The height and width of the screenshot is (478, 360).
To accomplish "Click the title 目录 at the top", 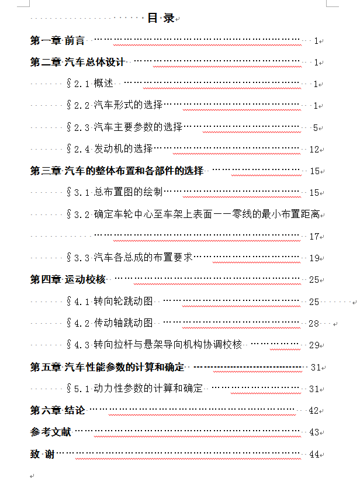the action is tap(161, 18).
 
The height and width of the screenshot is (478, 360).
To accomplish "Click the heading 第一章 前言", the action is tap(57, 41).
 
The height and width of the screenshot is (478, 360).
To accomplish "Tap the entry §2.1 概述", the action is tap(91, 84).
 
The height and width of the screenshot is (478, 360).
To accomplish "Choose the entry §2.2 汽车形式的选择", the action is tap(115, 106).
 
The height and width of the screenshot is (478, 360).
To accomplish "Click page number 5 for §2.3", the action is tap(315, 127).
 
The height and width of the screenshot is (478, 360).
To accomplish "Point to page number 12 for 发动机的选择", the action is tap(314, 149).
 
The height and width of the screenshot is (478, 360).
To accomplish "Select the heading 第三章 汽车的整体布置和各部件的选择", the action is tap(117, 171).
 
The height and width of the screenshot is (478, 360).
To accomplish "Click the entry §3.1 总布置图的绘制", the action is tap(115, 192).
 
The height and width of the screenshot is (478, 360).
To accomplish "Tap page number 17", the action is tap(314, 236).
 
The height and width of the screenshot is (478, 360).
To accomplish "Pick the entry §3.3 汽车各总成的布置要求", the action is tap(129, 257).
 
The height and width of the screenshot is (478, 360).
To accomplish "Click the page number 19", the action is tap(314, 258).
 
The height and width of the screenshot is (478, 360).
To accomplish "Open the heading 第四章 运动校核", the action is tap(68, 279).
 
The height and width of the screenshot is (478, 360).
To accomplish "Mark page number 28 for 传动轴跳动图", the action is tap(314, 323).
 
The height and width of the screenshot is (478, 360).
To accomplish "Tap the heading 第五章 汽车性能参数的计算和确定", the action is tap(108, 367).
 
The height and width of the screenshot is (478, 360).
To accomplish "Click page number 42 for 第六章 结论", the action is tap(314, 410).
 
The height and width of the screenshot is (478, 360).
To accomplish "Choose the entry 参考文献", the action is tap(51, 432).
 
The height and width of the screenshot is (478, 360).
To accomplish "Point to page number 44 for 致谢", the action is tap(314, 454).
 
